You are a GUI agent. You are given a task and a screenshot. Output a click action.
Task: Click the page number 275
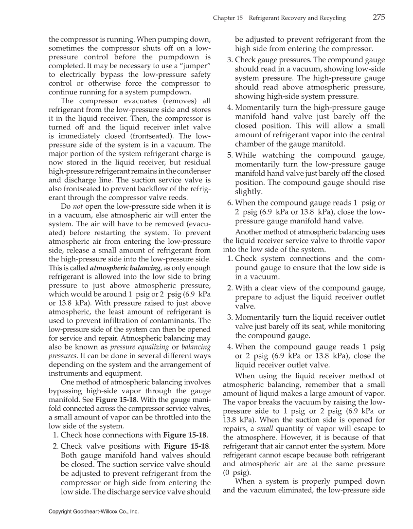click(379, 18)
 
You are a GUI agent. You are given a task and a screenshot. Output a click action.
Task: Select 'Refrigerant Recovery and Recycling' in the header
click(297, 18)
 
